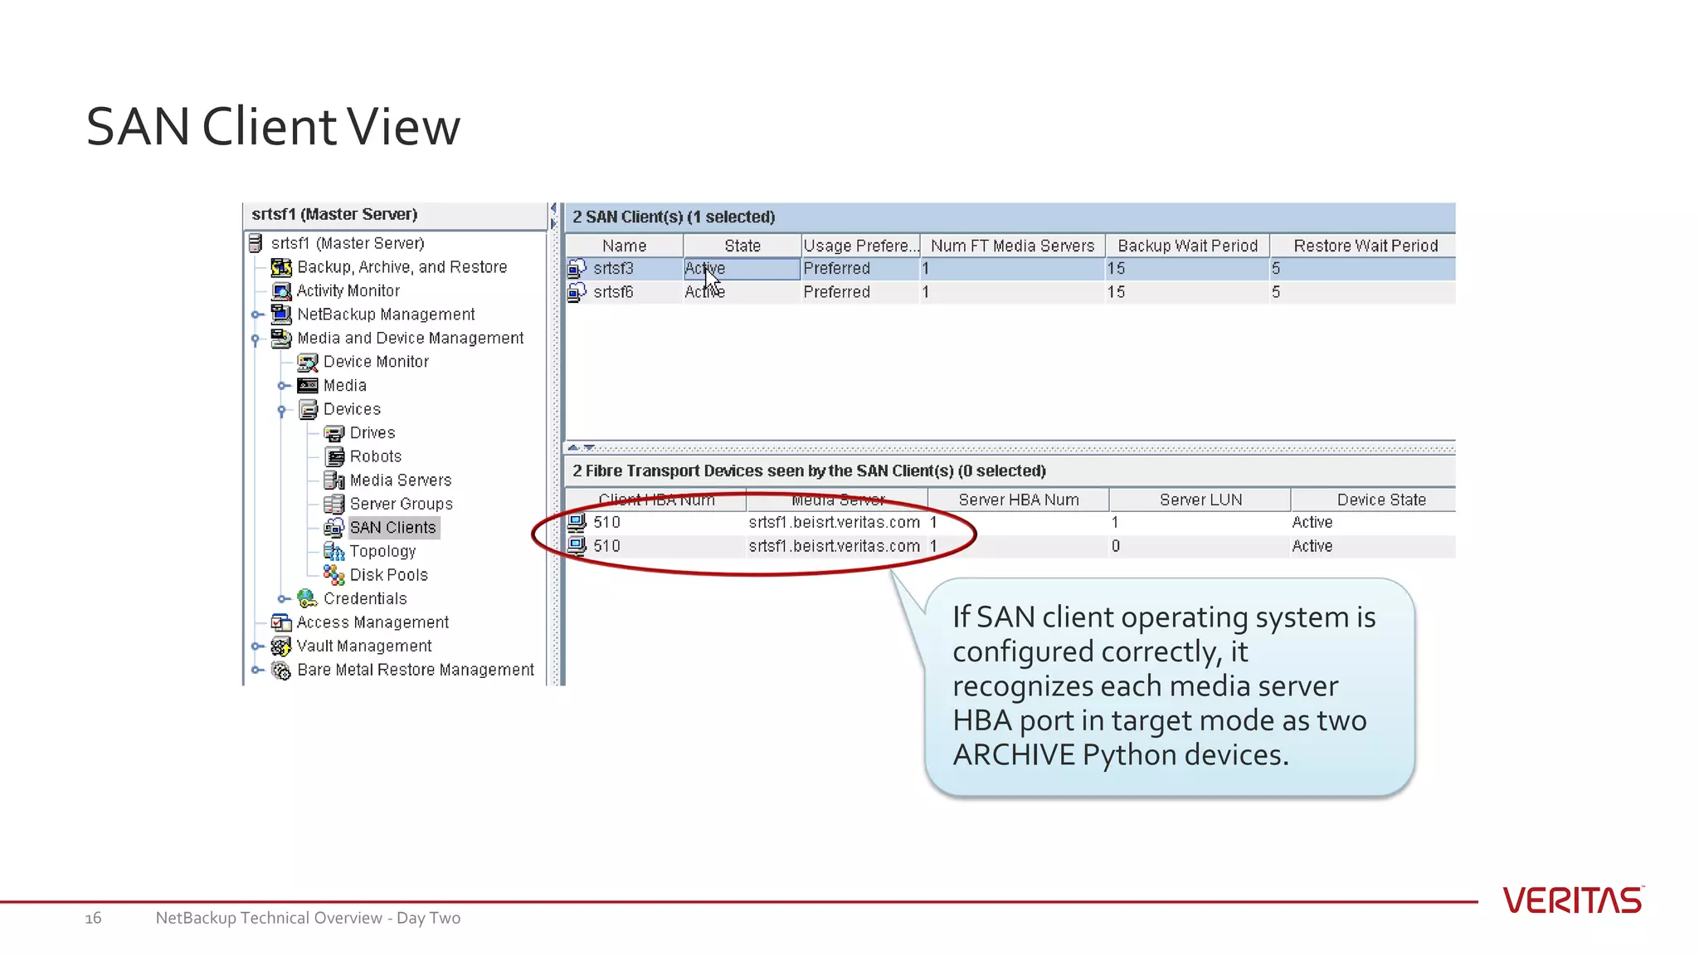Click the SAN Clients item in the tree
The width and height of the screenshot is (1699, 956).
click(x=392, y=528)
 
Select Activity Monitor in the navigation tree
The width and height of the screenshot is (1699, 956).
click(x=348, y=291)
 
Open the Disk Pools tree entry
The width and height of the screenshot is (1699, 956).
click(x=388, y=575)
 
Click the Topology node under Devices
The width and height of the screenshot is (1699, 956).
click(x=382, y=552)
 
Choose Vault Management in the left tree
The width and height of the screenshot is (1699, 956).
click(x=363, y=646)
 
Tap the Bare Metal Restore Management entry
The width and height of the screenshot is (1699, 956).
click(x=415, y=670)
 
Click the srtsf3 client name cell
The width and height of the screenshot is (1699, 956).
click(x=613, y=269)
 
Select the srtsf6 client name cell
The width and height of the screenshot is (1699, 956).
click(x=613, y=292)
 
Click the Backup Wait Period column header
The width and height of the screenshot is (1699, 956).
click(x=1187, y=246)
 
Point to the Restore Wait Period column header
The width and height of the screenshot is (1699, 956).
click(x=1365, y=246)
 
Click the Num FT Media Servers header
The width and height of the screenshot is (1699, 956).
click(x=1012, y=246)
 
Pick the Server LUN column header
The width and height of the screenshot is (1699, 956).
click(x=1200, y=500)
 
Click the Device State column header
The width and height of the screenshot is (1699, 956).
click(x=1380, y=500)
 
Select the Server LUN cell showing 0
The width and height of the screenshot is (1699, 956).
click(x=1116, y=546)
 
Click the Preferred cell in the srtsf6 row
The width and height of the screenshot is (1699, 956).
click(x=836, y=292)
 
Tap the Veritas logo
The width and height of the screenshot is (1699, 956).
click(x=1572, y=900)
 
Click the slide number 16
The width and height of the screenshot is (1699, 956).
click(x=93, y=918)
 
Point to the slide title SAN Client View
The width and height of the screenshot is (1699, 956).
click(x=273, y=127)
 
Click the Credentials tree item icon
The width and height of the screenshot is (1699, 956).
click(x=307, y=599)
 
